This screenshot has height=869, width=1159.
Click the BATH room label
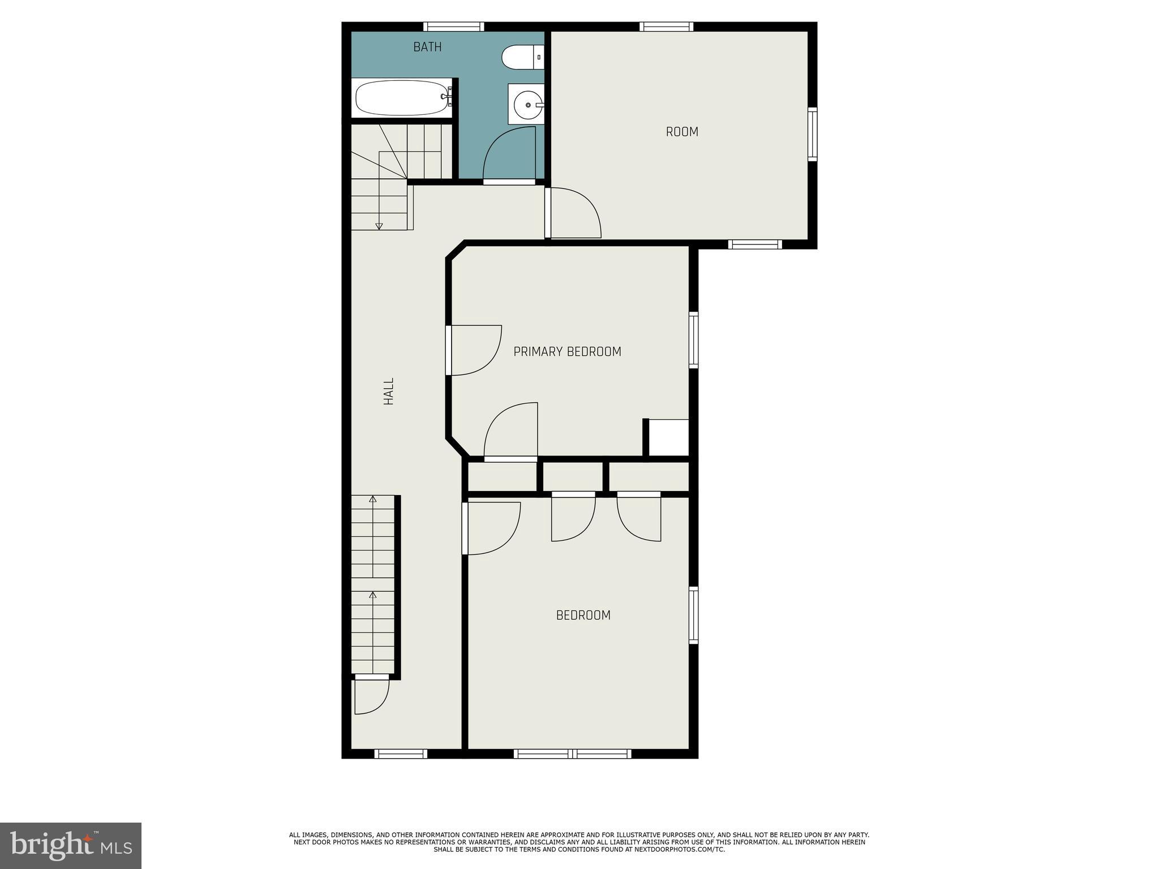click(x=427, y=47)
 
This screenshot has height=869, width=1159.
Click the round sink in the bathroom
click(x=527, y=105)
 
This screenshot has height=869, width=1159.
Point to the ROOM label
click(x=682, y=132)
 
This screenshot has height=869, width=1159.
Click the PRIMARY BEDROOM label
click(x=567, y=352)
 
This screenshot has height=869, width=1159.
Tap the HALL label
click(x=389, y=391)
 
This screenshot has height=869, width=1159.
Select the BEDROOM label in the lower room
click(x=583, y=615)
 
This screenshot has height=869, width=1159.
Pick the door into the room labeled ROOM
click(x=573, y=213)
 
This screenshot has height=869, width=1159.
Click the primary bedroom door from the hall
click(x=474, y=350)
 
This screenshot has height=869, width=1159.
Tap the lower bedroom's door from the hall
click(x=490, y=528)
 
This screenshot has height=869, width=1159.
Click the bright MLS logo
click(x=71, y=846)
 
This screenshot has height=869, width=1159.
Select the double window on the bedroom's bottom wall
click(x=572, y=754)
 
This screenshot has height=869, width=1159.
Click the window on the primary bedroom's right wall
click(x=693, y=340)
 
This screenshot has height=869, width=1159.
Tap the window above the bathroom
click(x=454, y=27)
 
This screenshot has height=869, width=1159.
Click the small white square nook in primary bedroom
click(x=668, y=437)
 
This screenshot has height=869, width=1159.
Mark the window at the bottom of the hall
click(x=401, y=754)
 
